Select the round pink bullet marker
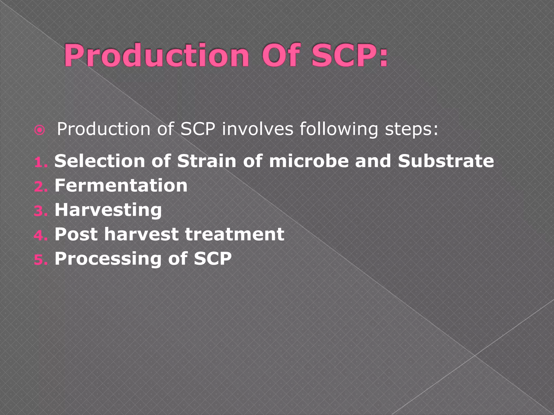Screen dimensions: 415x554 [x=40, y=131]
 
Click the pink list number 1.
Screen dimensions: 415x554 [x=40, y=162]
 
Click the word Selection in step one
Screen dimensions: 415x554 [x=100, y=161]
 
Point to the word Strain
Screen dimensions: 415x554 [x=207, y=161]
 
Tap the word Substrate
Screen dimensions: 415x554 [x=446, y=161]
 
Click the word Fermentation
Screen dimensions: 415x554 [x=121, y=186]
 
